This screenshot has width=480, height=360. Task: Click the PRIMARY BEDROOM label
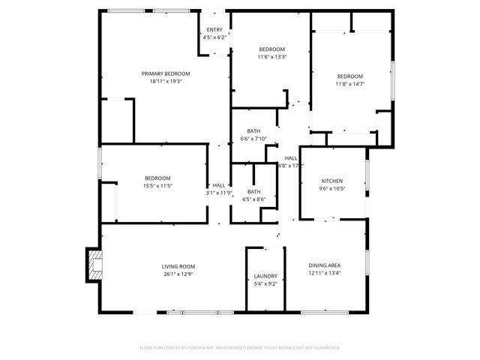[166, 73]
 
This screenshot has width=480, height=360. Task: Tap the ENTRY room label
[214, 30]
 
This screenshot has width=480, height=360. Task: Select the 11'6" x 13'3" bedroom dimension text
[272, 56]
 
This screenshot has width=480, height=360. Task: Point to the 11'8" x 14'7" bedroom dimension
[349, 84]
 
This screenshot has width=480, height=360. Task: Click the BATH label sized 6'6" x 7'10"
[254, 131]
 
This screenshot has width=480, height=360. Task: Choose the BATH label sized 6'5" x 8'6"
[254, 191]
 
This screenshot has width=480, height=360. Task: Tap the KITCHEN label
[332, 181]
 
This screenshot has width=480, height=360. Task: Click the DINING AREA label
[325, 265]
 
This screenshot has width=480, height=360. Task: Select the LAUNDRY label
[265, 276]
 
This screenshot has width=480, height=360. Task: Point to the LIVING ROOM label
[178, 266]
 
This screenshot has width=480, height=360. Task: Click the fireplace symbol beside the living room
[94, 264]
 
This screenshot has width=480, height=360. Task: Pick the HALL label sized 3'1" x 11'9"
[219, 184]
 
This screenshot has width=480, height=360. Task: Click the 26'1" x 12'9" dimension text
[178, 274]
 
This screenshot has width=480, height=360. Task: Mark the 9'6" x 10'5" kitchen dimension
[332, 188]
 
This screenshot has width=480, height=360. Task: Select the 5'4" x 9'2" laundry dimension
[265, 283]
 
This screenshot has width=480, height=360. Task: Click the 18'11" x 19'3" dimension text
[166, 81]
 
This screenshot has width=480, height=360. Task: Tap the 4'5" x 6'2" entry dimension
[214, 37]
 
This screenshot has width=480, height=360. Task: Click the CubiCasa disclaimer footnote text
[240, 347]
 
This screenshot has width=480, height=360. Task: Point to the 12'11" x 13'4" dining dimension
[325, 273]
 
